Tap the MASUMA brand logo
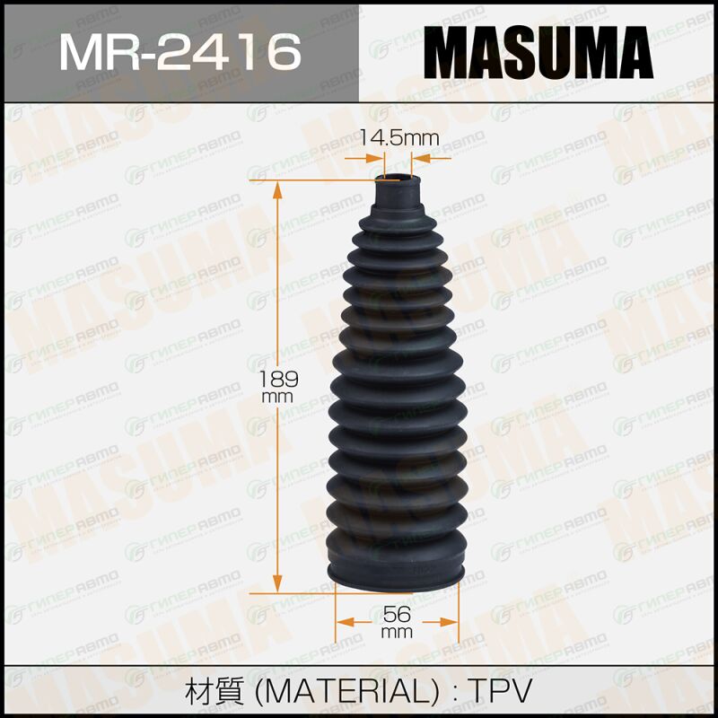[x=538, y=52]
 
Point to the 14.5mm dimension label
[x=399, y=137]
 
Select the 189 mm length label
[x=278, y=387]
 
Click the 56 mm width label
[x=397, y=622]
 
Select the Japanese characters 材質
[x=215, y=691]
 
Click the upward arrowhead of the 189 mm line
[x=277, y=190]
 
